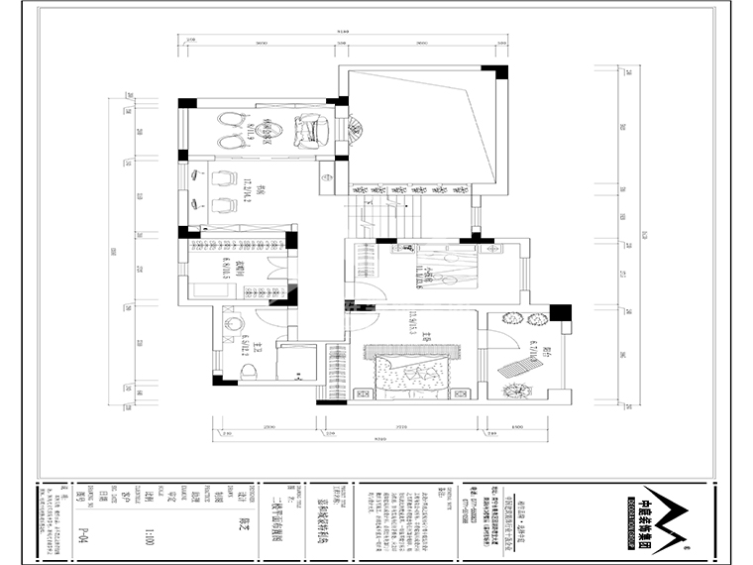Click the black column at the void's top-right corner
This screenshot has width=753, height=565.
click(x=501, y=72)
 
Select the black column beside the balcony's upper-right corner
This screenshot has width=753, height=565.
click(x=561, y=313)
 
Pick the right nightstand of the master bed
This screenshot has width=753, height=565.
click(x=458, y=394)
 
